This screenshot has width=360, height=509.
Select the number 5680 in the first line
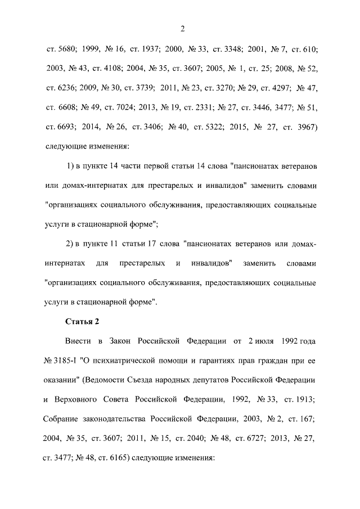click(65, 50)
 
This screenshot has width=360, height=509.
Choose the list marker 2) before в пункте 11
click(71, 244)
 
